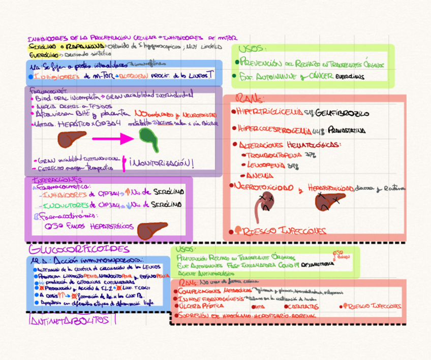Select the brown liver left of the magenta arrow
click(72, 138)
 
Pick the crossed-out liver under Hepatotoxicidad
click(329, 202)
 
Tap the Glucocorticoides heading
click(79, 249)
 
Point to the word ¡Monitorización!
click(162, 163)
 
